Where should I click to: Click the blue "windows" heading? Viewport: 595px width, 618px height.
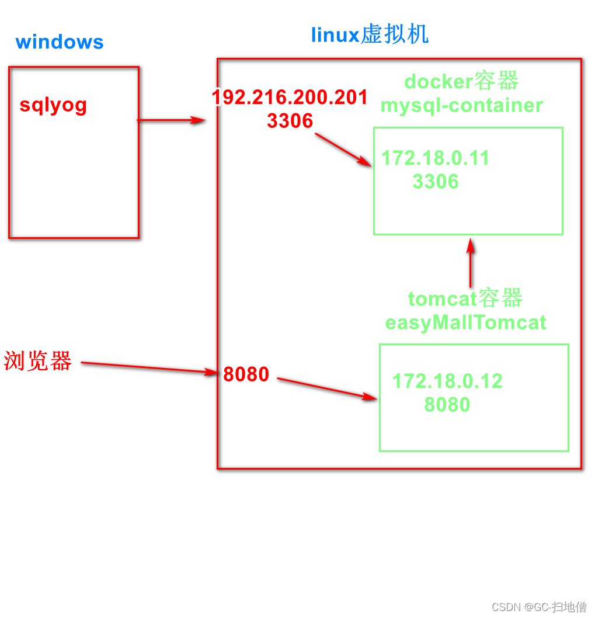60,42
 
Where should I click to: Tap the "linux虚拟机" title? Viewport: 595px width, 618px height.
370,35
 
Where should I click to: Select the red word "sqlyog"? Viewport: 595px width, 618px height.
53,105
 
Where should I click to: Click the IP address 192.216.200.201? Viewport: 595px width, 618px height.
290,98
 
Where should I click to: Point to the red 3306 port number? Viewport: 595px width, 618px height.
290,121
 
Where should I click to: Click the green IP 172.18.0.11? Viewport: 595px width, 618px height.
435,158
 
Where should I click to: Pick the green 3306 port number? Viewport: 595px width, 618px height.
436,182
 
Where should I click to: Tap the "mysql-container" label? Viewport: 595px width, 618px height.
461,105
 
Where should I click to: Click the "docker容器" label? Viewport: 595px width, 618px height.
461,81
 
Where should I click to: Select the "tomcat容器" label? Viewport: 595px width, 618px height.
465,298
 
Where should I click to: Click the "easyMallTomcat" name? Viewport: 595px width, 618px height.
465,322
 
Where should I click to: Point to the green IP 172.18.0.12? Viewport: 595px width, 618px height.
447,381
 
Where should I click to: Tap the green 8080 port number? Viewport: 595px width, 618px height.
447,405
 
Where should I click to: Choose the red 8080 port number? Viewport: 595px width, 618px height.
246,374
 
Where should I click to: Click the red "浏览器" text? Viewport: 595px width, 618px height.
38,361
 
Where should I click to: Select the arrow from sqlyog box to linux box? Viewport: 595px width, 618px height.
171,120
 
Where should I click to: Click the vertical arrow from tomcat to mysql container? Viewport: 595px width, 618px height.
470,263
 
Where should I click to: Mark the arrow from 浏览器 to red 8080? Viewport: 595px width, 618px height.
149,367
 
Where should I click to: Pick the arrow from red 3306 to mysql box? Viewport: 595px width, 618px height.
343,150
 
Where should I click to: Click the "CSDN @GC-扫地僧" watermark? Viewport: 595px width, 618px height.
538,607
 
